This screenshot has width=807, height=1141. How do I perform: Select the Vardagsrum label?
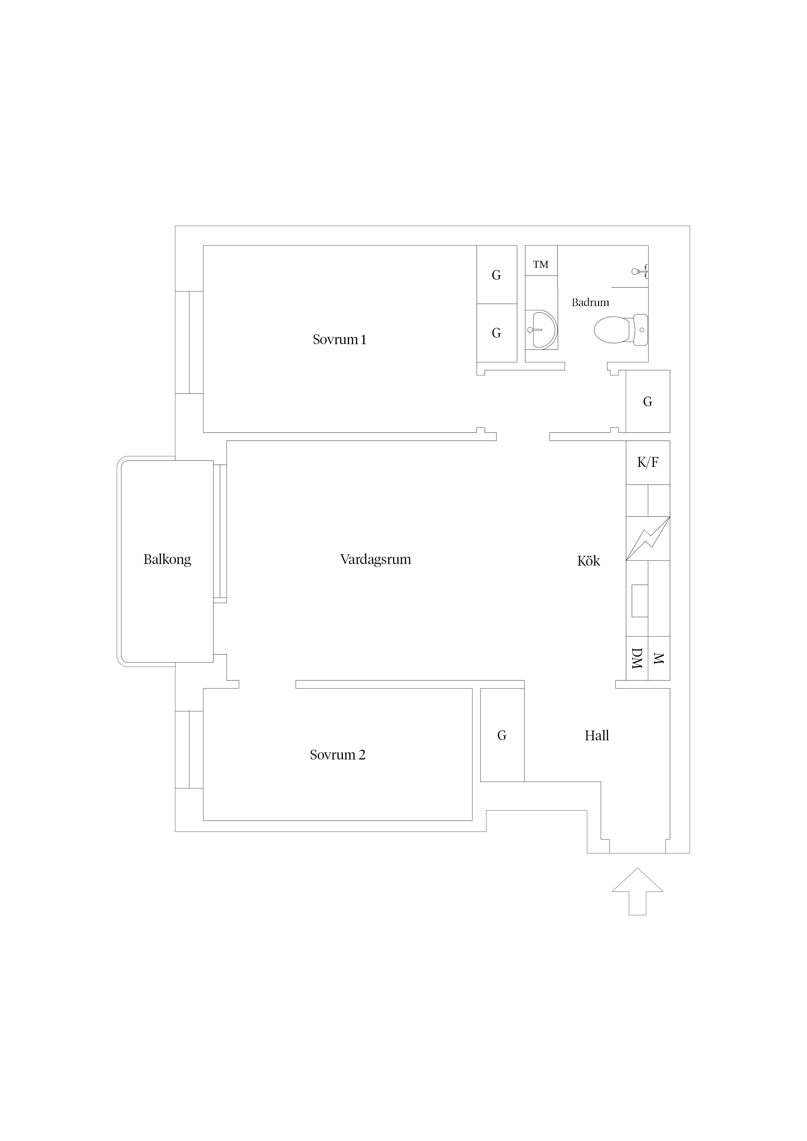pyautogui.click(x=376, y=559)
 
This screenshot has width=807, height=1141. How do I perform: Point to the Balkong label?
pyautogui.click(x=167, y=559)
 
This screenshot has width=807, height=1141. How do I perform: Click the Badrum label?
pyautogui.click(x=590, y=302)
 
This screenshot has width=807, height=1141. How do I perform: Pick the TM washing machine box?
pyautogui.click(x=541, y=261)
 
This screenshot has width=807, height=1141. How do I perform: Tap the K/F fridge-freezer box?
pyautogui.click(x=648, y=463)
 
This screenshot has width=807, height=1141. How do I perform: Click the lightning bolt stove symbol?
pyautogui.click(x=648, y=539)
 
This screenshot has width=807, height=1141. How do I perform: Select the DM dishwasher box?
pyautogui.click(x=637, y=658)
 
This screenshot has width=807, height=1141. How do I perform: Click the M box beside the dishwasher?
pyautogui.click(x=659, y=658)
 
